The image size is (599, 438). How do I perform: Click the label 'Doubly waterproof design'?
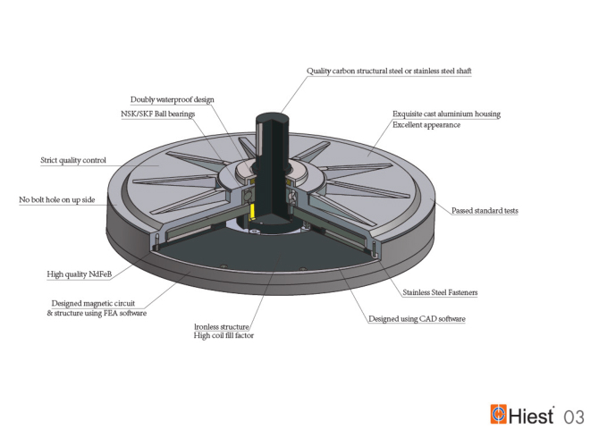tap(173, 99)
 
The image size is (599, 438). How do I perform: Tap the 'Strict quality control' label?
tap(73, 161)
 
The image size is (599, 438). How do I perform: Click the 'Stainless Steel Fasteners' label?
tap(440, 291)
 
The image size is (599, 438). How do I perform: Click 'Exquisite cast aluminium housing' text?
tap(446, 114)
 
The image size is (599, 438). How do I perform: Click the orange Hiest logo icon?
tap(499, 415)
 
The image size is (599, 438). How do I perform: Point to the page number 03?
tap(574, 417)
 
